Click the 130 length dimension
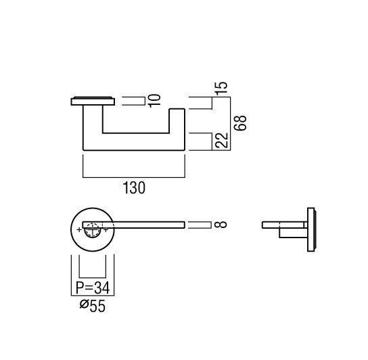[x=134, y=188]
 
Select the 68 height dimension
[x=240, y=122]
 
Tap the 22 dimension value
[x=222, y=140]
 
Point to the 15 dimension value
[x=222, y=88]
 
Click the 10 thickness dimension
[x=155, y=101]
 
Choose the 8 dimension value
[x=221, y=225]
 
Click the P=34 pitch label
[x=93, y=288]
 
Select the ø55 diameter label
[x=93, y=306]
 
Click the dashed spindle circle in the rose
[x=93, y=229]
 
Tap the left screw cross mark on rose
[x=79, y=229]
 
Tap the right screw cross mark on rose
[x=106, y=229]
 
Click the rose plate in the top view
[x=93, y=101]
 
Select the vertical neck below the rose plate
[x=93, y=119]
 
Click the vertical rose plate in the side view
[x=311, y=229]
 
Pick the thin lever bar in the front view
[x=134, y=225]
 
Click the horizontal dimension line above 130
[x=134, y=177]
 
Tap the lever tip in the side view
[x=263, y=225]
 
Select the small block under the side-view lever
[x=293, y=233]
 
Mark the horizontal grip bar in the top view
[x=134, y=142]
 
